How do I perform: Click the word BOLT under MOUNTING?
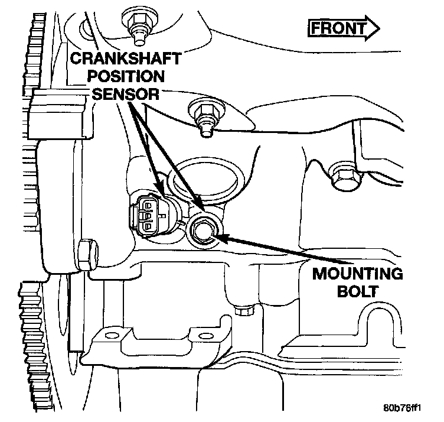coord(358,292)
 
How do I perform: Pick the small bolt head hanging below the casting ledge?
coord(241,310)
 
